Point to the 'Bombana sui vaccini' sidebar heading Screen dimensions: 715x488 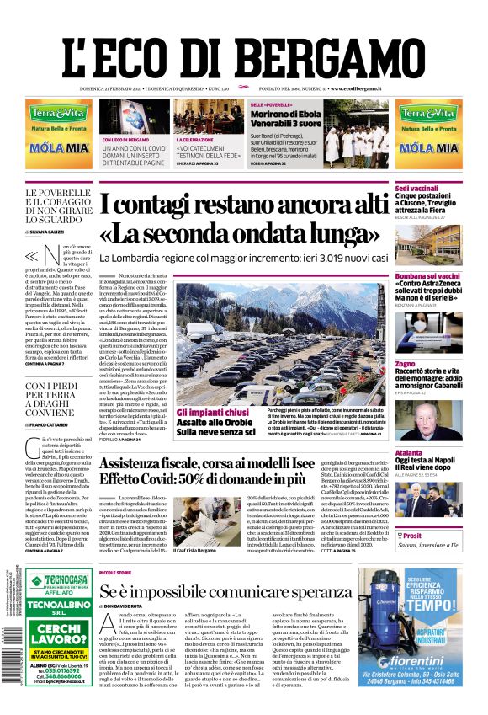[x=427, y=275]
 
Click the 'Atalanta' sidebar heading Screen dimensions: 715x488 [x=410, y=452]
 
